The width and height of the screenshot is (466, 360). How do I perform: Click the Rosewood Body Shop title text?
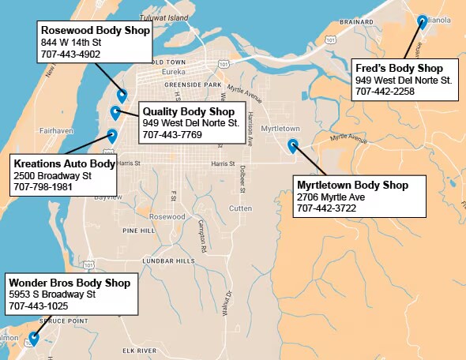point(95,30)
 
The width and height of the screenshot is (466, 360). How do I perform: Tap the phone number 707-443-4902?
point(70,54)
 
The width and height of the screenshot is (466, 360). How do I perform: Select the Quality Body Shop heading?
point(189,111)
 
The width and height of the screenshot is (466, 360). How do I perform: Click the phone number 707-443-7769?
point(172,135)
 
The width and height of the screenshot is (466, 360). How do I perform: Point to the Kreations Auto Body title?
point(64,163)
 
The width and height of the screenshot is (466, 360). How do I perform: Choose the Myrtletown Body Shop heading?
point(352,185)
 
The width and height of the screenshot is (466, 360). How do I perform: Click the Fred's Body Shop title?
point(399,68)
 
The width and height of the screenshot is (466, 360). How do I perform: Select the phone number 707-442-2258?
point(385,91)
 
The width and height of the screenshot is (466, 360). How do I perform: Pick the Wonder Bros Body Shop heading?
point(69,282)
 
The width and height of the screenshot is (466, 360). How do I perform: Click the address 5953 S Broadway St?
point(51,294)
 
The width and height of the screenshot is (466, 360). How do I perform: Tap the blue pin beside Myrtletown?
point(293,144)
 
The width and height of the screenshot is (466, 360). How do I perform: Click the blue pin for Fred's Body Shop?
point(423,22)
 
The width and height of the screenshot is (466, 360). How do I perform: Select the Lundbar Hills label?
point(168,261)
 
